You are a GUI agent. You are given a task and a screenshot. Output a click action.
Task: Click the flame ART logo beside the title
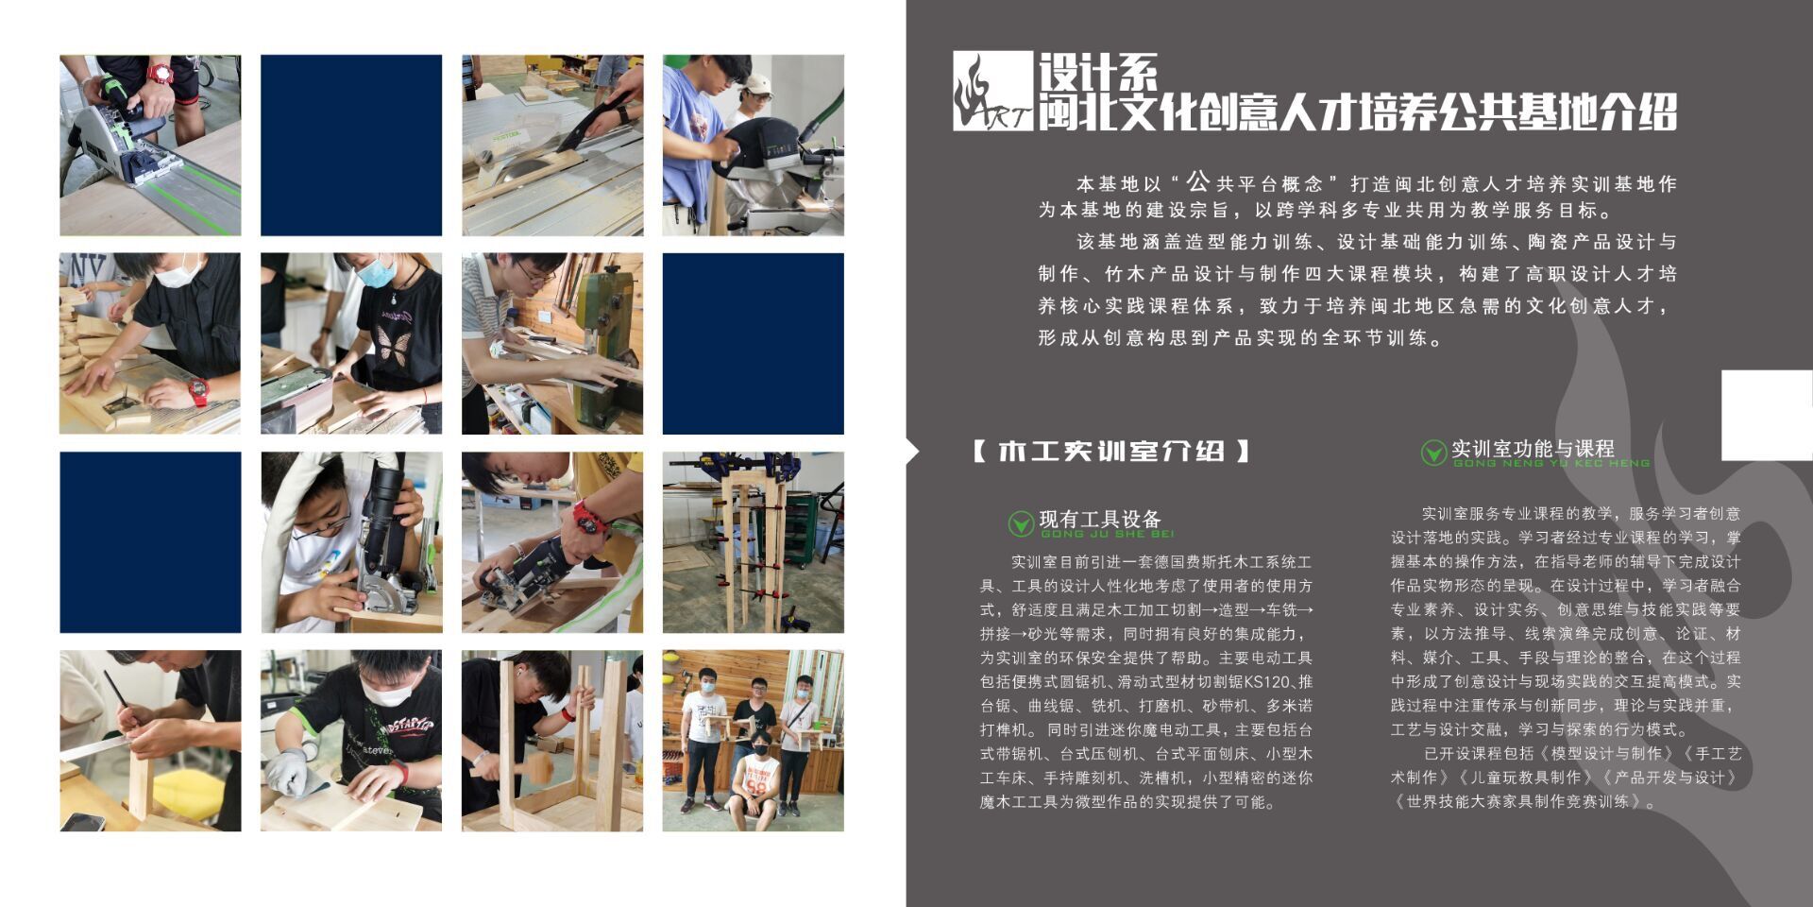992,91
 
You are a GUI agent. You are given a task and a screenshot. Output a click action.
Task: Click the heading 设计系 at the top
1098,72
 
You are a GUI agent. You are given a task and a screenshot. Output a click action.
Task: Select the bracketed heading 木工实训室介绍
1110,451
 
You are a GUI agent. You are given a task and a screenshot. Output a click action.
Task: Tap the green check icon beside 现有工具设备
1021,522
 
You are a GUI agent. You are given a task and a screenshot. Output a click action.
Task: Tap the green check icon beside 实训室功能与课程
1433,453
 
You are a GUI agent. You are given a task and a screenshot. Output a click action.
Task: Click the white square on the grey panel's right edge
1767,416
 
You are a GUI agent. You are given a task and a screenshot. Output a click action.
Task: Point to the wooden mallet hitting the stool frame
539,765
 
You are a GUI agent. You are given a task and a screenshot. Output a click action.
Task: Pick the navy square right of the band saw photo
754,344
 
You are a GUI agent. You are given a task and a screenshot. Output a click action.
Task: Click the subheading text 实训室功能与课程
1533,449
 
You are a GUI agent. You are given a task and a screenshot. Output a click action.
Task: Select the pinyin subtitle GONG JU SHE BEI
1108,534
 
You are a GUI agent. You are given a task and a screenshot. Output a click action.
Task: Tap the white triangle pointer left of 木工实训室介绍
912,452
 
